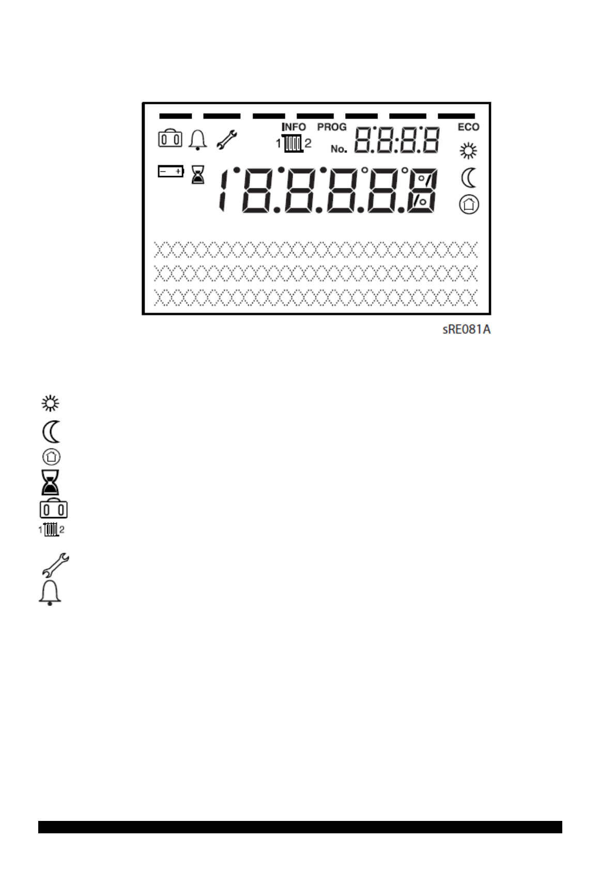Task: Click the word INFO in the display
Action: (294, 127)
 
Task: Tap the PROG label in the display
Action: (332, 127)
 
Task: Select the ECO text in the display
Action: (468, 127)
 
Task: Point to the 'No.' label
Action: (339, 149)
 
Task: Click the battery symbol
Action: (171, 172)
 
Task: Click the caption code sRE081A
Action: (466, 330)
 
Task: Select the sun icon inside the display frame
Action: (469, 151)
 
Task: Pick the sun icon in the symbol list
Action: (51, 403)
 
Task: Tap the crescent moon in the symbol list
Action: (52, 431)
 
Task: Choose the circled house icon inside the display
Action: (469, 205)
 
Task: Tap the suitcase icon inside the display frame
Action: (170, 139)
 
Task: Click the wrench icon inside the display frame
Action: (226, 140)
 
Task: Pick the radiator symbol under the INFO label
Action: (294, 144)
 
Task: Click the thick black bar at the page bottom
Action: (300, 827)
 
